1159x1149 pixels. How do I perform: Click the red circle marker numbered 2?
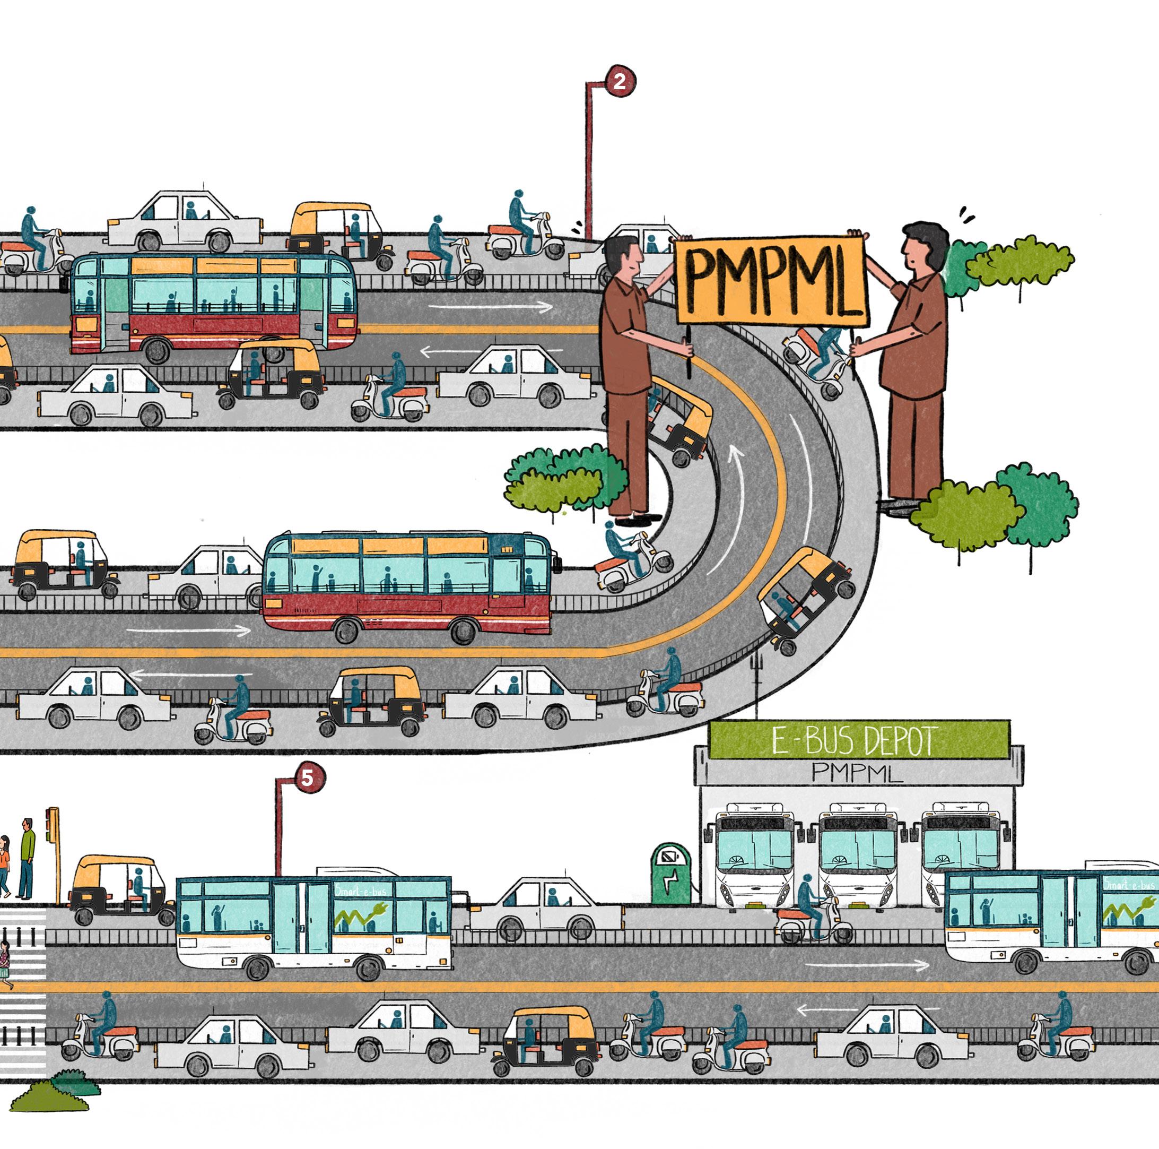point(620,81)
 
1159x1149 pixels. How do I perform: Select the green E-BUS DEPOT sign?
point(858,740)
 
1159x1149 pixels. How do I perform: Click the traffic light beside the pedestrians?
point(54,825)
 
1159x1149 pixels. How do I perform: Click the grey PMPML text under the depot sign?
point(857,773)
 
